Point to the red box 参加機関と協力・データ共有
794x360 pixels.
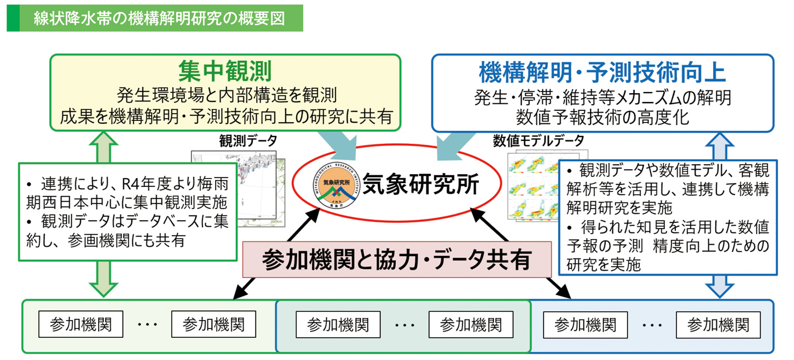pos(399,259)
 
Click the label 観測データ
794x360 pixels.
pos(248,141)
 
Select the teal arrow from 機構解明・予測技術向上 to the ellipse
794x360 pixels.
pos(451,145)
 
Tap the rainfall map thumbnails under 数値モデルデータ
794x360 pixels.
pos(535,189)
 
